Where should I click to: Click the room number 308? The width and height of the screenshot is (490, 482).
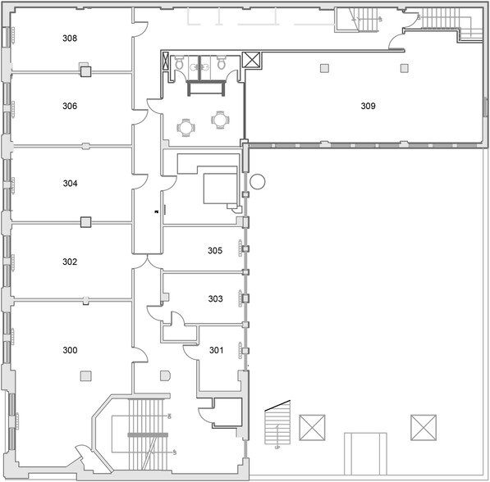point(70,39)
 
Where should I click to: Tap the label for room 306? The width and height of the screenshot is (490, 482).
point(70,106)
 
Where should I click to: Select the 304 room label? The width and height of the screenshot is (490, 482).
point(70,184)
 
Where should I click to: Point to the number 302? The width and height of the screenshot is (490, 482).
point(70,262)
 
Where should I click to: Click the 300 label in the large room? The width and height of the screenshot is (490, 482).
point(70,350)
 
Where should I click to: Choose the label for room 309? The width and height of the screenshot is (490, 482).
point(369,105)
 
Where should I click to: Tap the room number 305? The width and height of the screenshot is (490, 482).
point(215,251)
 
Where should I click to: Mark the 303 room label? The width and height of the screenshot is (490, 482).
point(215,299)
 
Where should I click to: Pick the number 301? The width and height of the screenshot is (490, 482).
point(216,351)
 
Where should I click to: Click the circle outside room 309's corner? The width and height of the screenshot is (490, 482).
point(258,181)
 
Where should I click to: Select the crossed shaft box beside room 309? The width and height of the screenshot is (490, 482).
point(252,60)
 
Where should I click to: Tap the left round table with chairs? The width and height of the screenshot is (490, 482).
point(187,127)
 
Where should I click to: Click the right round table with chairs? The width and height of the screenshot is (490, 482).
point(220,120)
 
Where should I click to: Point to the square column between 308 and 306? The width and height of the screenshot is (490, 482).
point(85,72)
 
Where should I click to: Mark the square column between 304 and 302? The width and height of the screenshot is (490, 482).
point(85,221)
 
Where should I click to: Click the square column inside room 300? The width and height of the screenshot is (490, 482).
point(85,375)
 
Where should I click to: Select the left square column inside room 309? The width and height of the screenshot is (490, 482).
point(325,67)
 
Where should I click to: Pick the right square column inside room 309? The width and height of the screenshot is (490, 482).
point(404,67)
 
